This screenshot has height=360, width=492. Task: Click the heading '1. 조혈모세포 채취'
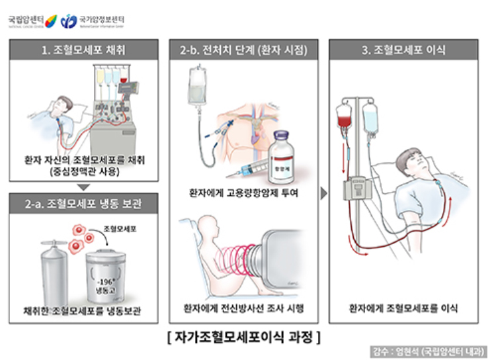[84, 50]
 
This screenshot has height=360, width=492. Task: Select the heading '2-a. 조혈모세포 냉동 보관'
[84, 203]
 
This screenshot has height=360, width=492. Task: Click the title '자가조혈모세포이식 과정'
[244, 336]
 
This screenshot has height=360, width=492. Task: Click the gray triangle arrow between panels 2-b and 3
[323, 193]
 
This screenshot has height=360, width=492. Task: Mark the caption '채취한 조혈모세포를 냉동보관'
[84, 310]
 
